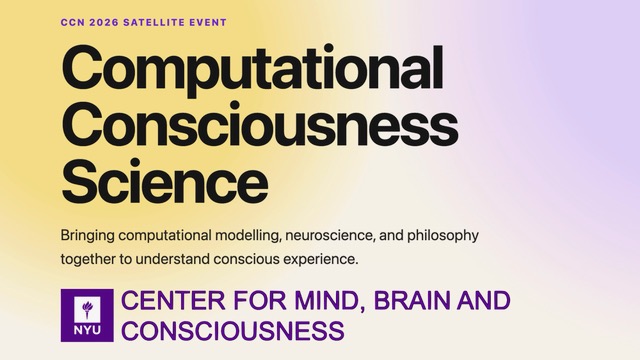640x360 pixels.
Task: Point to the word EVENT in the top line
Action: pyautogui.click(x=208, y=22)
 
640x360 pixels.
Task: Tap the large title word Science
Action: pyautogui.click(x=165, y=180)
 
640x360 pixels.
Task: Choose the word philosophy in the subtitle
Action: pyautogui.click(x=443, y=236)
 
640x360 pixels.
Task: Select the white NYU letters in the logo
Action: pyautogui.click(x=87, y=329)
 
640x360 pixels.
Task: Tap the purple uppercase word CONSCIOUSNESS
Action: pyautogui.click(x=233, y=330)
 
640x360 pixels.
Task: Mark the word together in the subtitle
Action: pyautogui.click(x=88, y=260)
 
